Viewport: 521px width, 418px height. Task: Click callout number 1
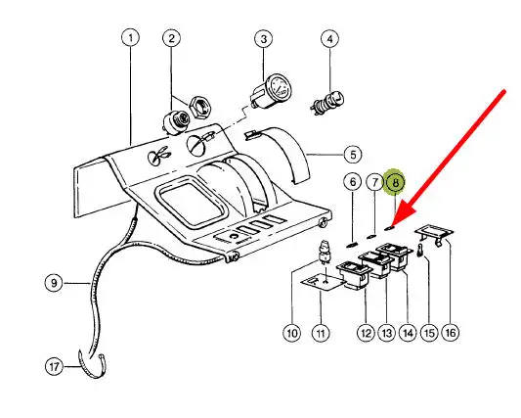pyautogui.click(x=131, y=37)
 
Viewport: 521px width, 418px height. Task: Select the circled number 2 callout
pyautogui.click(x=171, y=38)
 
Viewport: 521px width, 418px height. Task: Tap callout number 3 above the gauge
pyautogui.click(x=264, y=39)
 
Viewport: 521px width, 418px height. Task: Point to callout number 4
pyautogui.click(x=329, y=39)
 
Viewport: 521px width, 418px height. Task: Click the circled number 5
pyautogui.click(x=353, y=155)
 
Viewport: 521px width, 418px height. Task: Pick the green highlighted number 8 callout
pyautogui.click(x=396, y=182)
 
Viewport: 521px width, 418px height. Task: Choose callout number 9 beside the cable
pyautogui.click(x=54, y=283)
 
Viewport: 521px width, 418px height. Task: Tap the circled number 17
pyautogui.click(x=54, y=367)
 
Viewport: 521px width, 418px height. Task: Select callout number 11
pyautogui.click(x=321, y=333)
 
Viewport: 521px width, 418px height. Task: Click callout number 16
pyautogui.click(x=451, y=333)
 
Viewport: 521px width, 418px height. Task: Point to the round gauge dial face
pyautogui.click(x=279, y=87)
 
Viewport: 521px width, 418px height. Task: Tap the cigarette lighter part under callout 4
pyautogui.click(x=326, y=102)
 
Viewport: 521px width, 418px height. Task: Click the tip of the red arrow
pyautogui.click(x=392, y=227)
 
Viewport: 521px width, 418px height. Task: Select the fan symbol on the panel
pyautogui.click(x=157, y=156)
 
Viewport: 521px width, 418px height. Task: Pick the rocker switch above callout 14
pyautogui.click(x=394, y=255)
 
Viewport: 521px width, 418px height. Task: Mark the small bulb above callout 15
pyautogui.click(x=419, y=251)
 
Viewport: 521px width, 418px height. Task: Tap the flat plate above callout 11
pyautogui.click(x=323, y=283)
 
